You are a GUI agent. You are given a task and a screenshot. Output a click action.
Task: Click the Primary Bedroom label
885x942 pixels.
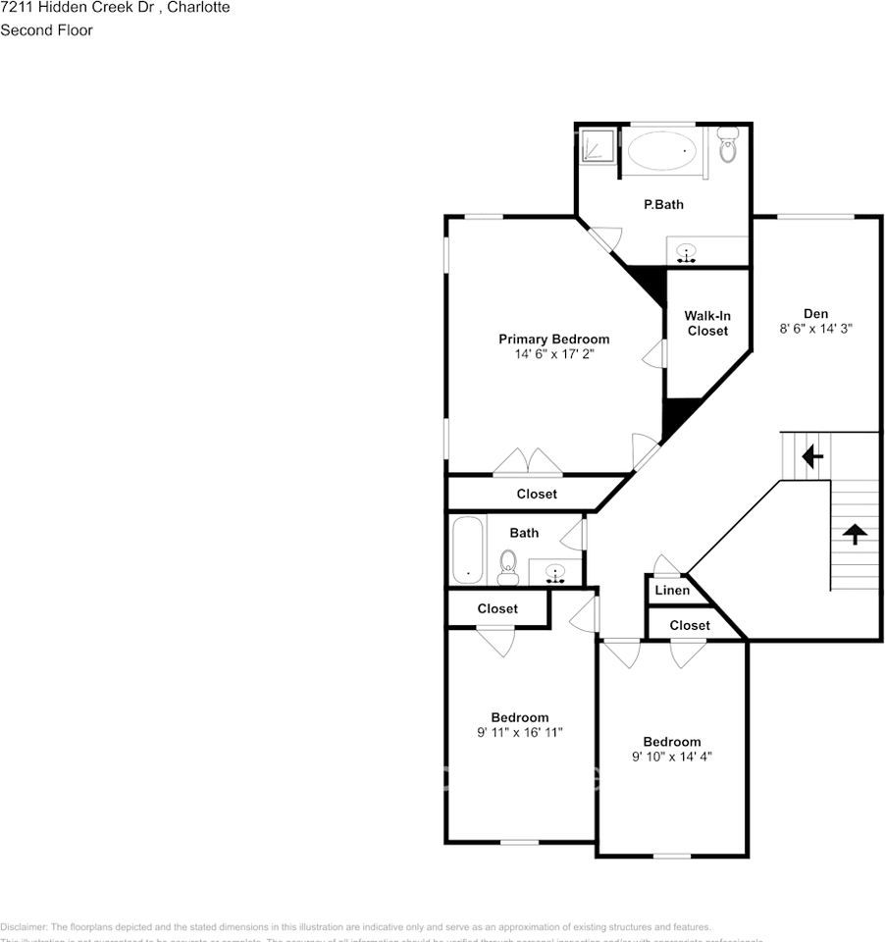(553, 340)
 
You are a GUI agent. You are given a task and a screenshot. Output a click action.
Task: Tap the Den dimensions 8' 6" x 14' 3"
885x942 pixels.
(815, 330)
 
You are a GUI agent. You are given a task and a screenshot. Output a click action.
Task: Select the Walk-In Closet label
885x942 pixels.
(707, 323)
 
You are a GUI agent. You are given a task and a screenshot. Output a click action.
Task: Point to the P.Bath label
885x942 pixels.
(663, 205)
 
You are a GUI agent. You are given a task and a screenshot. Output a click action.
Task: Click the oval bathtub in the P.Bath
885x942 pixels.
(662, 151)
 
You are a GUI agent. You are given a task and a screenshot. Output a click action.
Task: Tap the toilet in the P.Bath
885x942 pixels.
(727, 146)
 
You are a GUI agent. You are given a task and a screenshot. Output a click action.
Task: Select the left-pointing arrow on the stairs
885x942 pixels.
(811, 456)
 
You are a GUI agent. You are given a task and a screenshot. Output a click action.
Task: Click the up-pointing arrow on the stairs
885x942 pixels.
(855, 534)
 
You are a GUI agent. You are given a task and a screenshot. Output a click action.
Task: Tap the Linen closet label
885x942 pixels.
(671, 591)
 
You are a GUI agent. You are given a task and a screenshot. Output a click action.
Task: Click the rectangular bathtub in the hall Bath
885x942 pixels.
(467, 549)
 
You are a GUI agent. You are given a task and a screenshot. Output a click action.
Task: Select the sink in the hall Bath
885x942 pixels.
(555, 572)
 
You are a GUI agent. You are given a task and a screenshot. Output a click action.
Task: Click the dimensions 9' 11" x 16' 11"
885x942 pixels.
(520, 732)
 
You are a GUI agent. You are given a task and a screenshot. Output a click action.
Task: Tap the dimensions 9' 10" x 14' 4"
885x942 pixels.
(672, 757)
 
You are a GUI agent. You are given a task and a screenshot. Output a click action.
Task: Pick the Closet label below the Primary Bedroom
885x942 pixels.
(537, 494)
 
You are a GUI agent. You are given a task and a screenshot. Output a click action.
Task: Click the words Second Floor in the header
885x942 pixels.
(46, 30)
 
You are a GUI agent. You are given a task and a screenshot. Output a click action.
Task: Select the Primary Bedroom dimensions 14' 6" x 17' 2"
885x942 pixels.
(554, 354)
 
